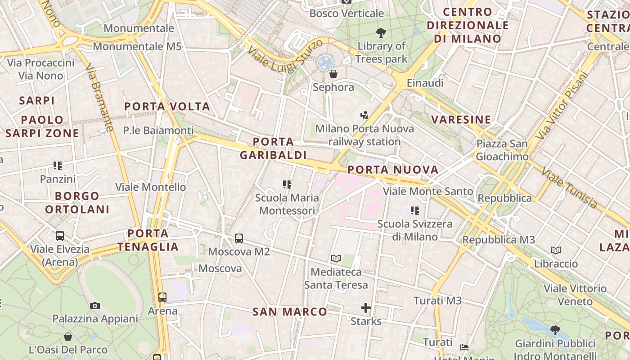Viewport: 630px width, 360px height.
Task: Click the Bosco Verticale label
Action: (x=346, y=13)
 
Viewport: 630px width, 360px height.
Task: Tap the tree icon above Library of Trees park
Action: (x=381, y=32)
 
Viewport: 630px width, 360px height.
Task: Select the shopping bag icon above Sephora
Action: (x=333, y=73)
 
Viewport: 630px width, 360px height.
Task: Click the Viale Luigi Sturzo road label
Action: (x=285, y=56)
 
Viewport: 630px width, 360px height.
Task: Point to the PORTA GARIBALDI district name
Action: (x=273, y=148)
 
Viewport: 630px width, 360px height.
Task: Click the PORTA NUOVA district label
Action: (x=393, y=170)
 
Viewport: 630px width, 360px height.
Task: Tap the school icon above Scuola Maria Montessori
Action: (x=287, y=184)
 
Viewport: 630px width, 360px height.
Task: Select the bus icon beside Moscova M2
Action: (x=239, y=238)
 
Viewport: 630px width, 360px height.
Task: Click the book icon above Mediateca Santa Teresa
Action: (x=336, y=258)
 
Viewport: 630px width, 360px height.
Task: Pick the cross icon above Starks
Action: (x=366, y=308)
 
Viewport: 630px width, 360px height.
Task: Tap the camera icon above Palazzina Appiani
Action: (x=95, y=306)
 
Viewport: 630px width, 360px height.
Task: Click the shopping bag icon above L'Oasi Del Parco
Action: (x=68, y=336)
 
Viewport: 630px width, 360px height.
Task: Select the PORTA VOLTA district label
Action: (x=167, y=107)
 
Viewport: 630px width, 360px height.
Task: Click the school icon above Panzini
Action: (x=58, y=166)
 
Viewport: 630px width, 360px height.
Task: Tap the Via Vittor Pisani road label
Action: (x=562, y=105)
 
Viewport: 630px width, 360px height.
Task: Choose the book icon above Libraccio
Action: (x=556, y=250)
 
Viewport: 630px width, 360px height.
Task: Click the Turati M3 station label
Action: (x=437, y=301)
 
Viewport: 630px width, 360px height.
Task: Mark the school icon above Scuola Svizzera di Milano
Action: (x=415, y=210)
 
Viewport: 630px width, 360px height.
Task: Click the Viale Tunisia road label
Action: (x=570, y=188)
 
